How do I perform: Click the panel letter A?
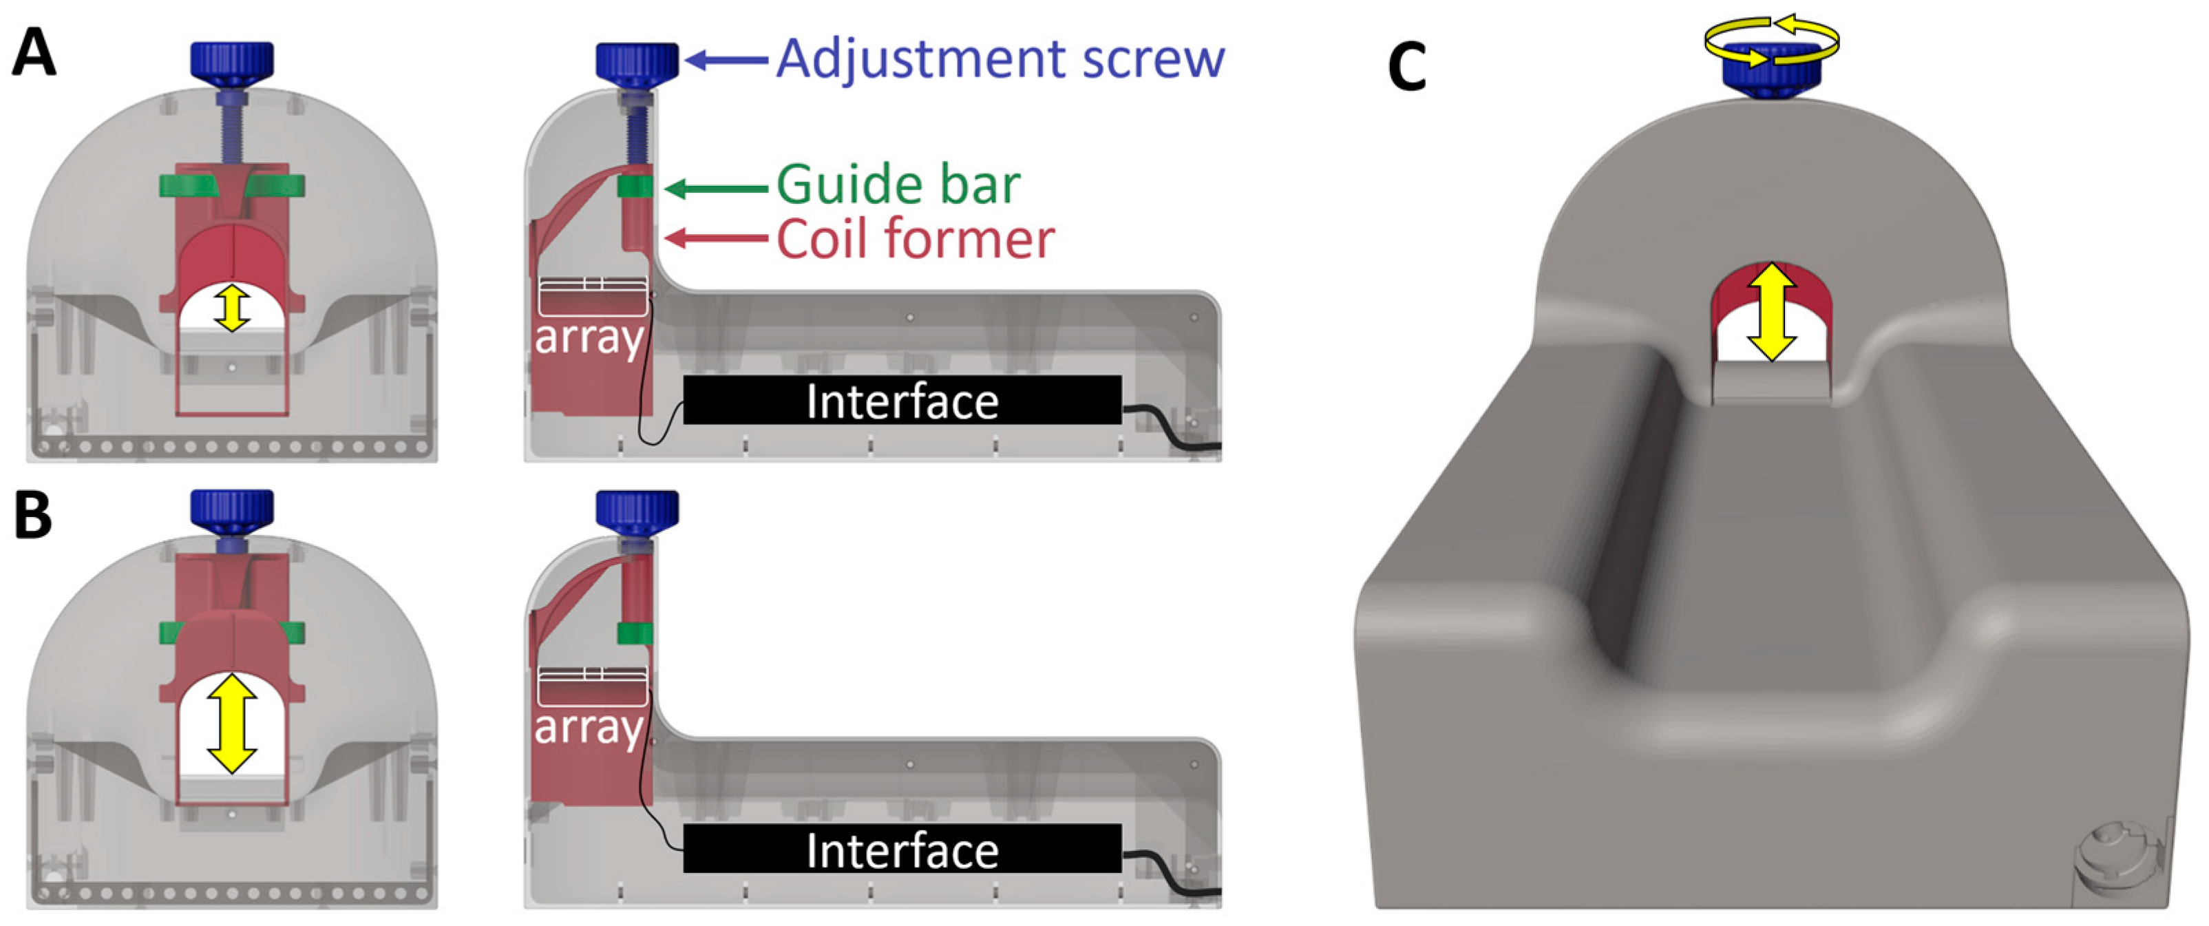[x=34, y=54]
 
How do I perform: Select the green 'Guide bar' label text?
[x=898, y=185]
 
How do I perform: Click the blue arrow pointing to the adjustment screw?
[x=727, y=59]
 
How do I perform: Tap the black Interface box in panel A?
[x=902, y=401]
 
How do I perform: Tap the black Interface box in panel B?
[x=902, y=849]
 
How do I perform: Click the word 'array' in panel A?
[x=589, y=338]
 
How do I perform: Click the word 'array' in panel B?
[x=589, y=727]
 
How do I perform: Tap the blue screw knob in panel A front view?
[x=231, y=60]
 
